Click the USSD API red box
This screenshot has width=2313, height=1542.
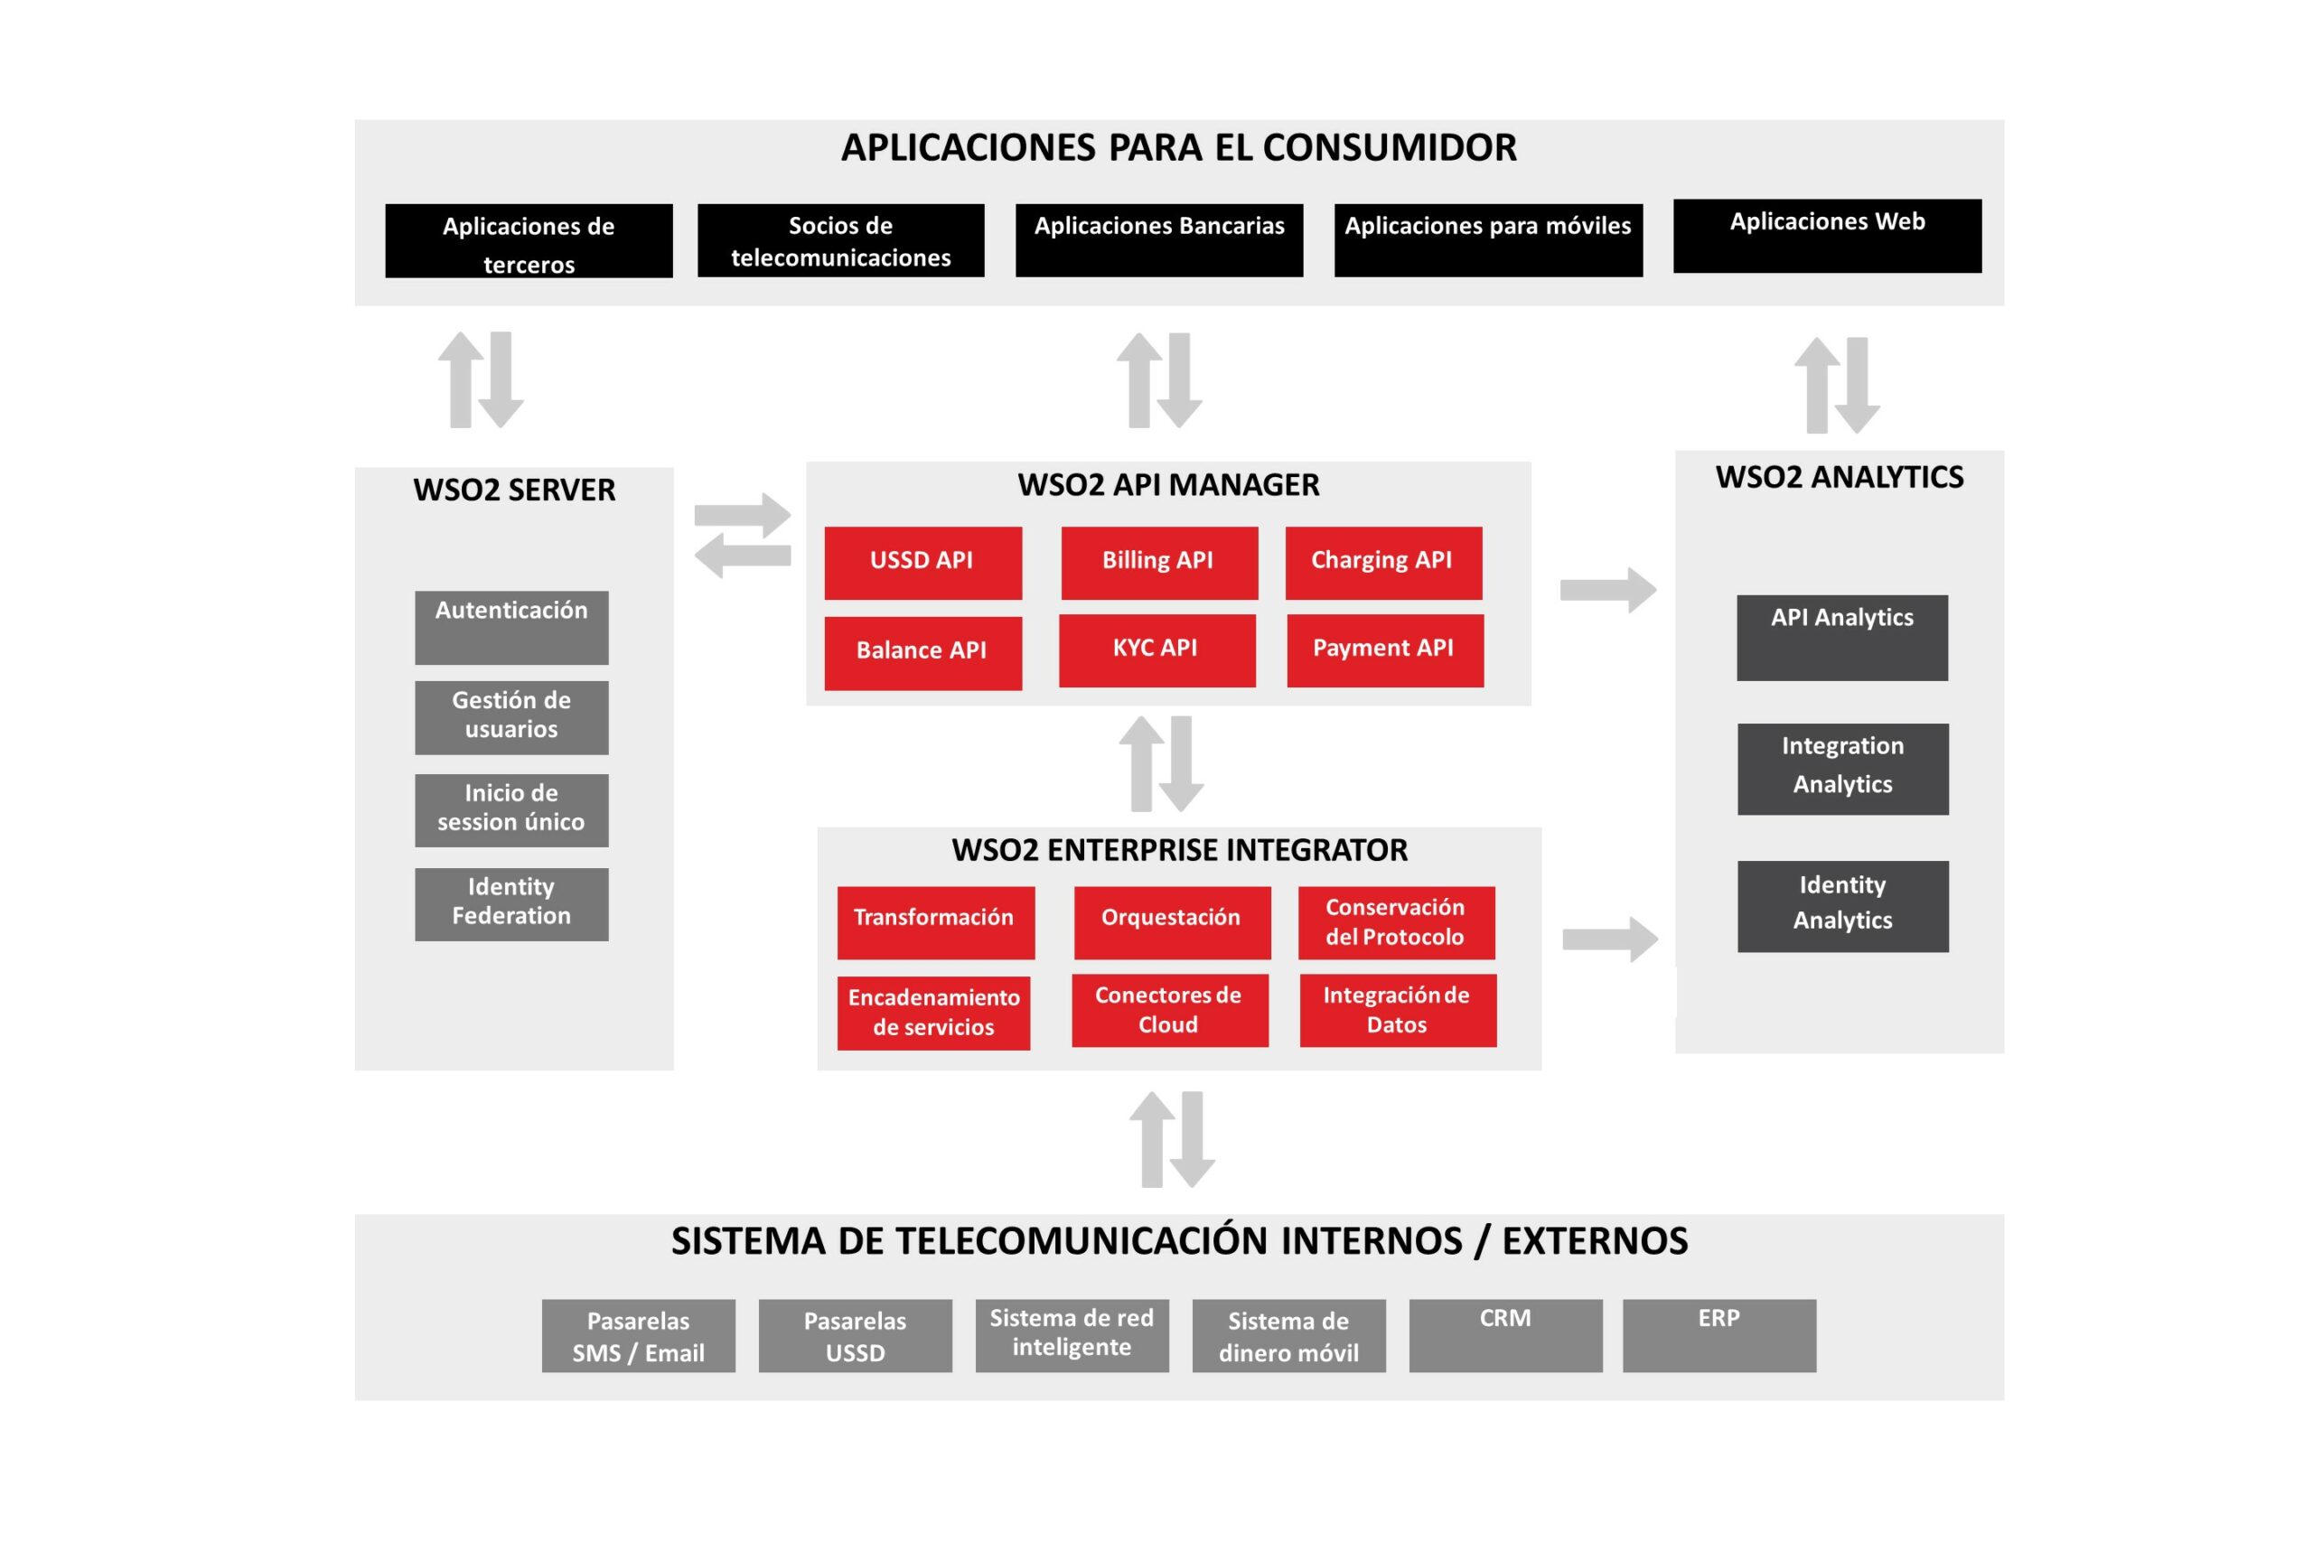pyautogui.click(x=922, y=563)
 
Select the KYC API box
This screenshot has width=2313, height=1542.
pyautogui.click(x=1156, y=650)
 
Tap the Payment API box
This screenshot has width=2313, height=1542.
pyautogui.click(x=1385, y=650)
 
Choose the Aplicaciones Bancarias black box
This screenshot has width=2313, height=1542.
pyautogui.click(x=1158, y=240)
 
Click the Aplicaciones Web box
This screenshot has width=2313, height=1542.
pyautogui.click(x=1827, y=236)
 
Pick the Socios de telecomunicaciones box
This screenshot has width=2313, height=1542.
pyautogui.click(x=841, y=240)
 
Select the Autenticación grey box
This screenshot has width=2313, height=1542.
pyautogui.click(x=511, y=628)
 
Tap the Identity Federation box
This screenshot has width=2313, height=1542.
pyautogui.click(x=511, y=903)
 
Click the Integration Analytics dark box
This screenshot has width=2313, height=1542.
pyautogui.click(x=1842, y=768)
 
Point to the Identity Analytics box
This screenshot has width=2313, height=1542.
pyautogui.click(x=1842, y=906)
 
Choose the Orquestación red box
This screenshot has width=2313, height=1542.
pyautogui.click(x=1172, y=922)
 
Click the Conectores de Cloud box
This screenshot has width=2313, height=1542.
pyautogui.click(x=1169, y=1010)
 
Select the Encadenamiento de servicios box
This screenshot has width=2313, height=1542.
pyautogui.click(x=933, y=1013)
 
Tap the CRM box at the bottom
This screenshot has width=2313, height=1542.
pyautogui.click(x=1504, y=1335)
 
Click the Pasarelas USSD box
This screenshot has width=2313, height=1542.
pyautogui.click(x=855, y=1335)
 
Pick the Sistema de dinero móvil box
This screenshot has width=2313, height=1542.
pyautogui.click(x=1288, y=1335)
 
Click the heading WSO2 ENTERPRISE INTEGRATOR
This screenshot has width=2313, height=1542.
pyautogui.click(x=1179, y=850)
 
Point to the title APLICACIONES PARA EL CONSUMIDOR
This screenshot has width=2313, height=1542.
pyautogui.click(x=1178, y=147)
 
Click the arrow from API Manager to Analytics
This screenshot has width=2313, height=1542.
pyautogui.click(x=1607, y=590)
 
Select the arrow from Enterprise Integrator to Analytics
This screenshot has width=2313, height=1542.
pyautogui.click(x=1609, y=939)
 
